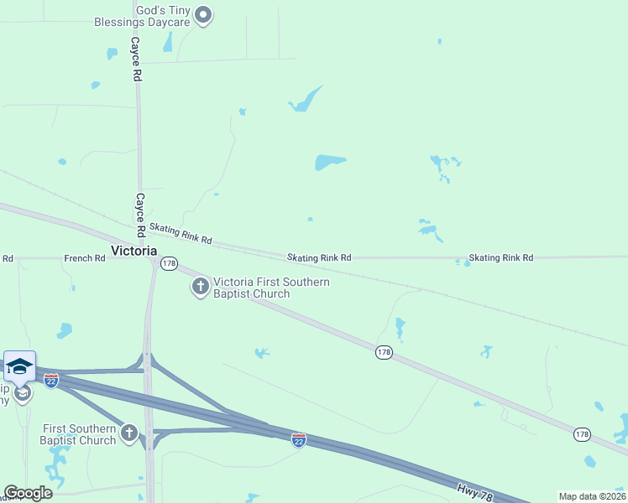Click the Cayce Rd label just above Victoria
(140, 214)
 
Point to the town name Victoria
(133, 251)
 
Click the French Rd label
(84, 258)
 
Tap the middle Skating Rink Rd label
(319, 258)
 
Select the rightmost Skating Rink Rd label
(500, 258)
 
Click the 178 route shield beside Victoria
(170, 263)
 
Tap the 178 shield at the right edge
(582, 434)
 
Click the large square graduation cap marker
(19, 366)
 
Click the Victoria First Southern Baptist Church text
(271, 288)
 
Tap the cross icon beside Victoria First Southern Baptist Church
(201, 288)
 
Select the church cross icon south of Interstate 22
(128, 433)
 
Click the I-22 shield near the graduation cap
(51, 381)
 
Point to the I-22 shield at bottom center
(298, 439)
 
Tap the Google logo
(28, 493)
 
